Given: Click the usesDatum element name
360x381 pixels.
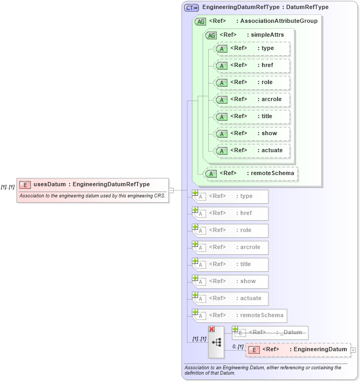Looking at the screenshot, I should pos(50,185).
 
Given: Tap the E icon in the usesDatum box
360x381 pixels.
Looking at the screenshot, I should pos(24,185).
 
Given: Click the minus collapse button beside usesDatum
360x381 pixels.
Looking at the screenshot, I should pos(171,190).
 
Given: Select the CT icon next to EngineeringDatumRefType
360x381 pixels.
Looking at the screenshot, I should pos(191,8).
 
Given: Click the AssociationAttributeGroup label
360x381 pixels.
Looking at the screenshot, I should pos(279,21).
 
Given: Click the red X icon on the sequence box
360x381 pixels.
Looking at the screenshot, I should pos(211,330).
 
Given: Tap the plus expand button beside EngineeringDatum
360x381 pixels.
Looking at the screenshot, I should pos(354,350).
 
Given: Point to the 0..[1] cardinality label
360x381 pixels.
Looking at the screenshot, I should pos(238,346).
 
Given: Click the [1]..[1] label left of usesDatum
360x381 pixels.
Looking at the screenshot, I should pos(7,187).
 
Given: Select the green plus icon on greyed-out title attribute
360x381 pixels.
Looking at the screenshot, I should pos(195,261).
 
